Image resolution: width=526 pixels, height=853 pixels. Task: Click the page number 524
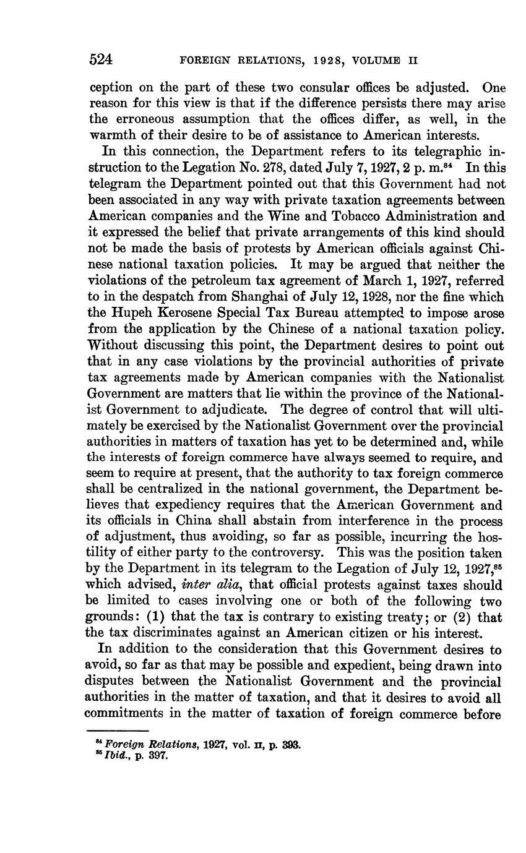(101, 60)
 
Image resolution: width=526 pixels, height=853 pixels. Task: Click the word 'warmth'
(111, 135)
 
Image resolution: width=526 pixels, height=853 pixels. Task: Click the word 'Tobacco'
(371, 216)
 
